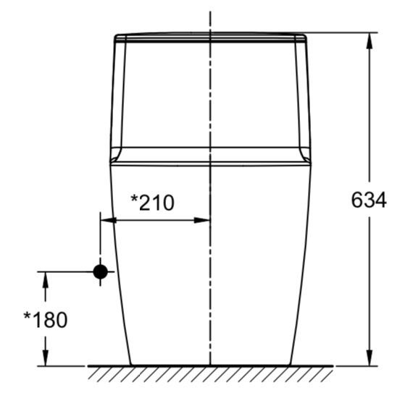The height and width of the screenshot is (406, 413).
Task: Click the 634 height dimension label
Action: click(x=369, y=200)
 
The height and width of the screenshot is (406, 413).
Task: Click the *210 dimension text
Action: click(x=152, y=203)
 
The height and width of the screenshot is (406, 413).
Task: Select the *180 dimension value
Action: click(x=46, y=319)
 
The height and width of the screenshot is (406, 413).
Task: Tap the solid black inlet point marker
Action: click(x=100, y=271)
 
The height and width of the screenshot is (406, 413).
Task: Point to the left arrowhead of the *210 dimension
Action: click(x=107, y=220)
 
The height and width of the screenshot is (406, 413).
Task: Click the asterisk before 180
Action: click(x=28, y=316)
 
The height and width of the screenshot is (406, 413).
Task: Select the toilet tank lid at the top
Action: click(x=210, y=37)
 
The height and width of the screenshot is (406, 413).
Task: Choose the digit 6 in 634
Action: click(x=356, y=200)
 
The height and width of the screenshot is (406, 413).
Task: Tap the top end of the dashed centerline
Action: click(x=210, y=13)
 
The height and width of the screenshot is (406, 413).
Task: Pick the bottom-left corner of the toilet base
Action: click(x=130, y=365)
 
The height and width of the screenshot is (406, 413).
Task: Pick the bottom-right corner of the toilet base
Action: click(x=290, y=365)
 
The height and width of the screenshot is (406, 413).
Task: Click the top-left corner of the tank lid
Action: click(x=116, y=34)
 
